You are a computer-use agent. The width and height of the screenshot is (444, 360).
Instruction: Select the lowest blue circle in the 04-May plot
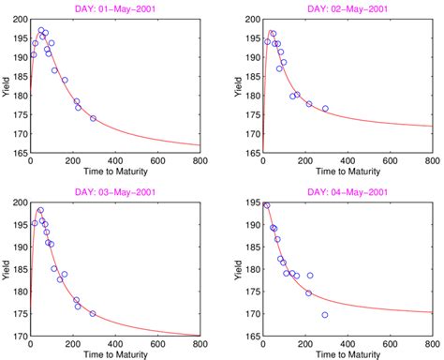325,315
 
